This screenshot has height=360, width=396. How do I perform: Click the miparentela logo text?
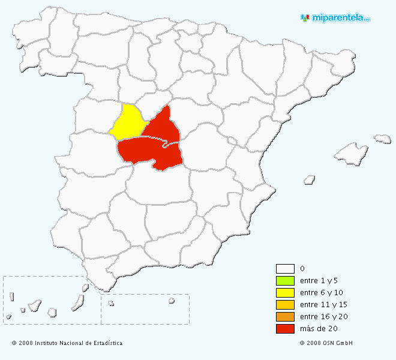click(x=339, y=18)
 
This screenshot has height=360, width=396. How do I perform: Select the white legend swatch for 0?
click(x=285, y=269)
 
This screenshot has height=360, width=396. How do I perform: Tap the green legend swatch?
click(x=285, y=281)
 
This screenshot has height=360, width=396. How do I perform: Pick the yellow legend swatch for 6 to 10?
click(x=285, y=293)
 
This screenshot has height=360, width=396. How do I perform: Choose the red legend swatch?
click(x=285, y=329)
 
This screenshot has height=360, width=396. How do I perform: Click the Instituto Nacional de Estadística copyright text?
click(x=67, y=343)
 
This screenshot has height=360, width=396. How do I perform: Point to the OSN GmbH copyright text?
click(x=326, y=343)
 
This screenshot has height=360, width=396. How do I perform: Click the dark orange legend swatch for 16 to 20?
click(x=285, y=317)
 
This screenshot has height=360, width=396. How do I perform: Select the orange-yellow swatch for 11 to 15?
click(x=285, y=305)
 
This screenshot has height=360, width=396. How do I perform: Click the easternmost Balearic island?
click(x=382, y=139)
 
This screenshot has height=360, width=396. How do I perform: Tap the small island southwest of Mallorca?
click(x=310, y=179)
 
